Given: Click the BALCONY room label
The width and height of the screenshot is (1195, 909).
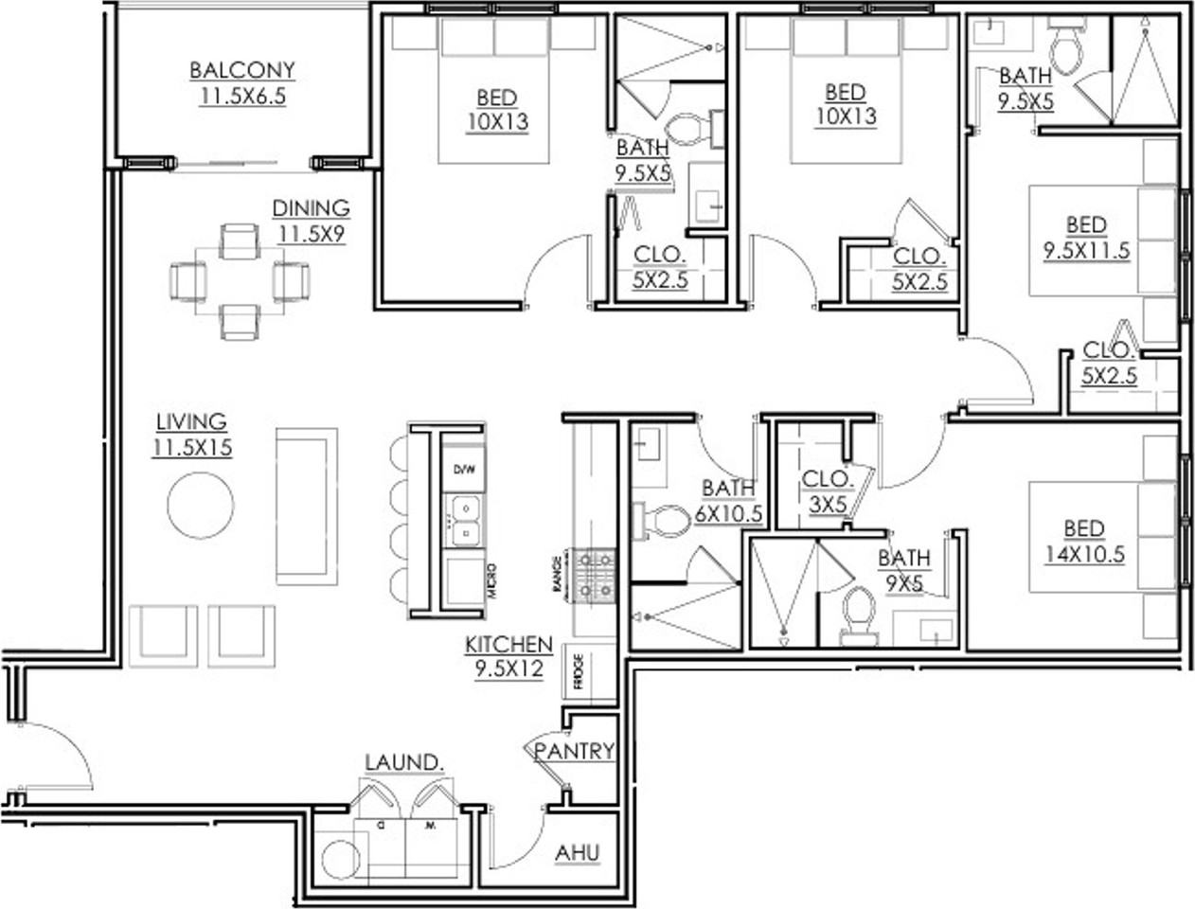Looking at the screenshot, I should tap(241, 71).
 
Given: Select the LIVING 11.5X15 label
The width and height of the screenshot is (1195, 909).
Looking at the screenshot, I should tap(192, 434).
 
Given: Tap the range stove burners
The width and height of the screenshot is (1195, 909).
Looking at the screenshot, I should tap(593, 575).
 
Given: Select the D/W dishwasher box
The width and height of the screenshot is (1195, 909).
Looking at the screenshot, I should tap(463, 470).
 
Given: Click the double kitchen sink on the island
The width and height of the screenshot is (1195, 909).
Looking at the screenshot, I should tap(464, 521).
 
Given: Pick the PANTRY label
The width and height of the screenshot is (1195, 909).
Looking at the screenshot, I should tap(574, 751).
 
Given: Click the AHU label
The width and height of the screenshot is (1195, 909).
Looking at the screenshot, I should tap(578, 852).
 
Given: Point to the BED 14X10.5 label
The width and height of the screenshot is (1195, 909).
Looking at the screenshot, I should tap(1084, 542).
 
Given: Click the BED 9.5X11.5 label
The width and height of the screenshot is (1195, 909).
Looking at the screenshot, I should tap(1086, 238).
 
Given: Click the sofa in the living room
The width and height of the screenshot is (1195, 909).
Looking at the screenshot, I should tap(306, 507).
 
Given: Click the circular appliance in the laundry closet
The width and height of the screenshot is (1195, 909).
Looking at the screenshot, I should tap(340, 859).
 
